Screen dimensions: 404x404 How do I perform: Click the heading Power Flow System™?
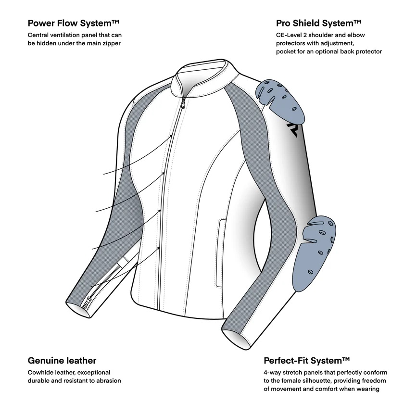[74, 23]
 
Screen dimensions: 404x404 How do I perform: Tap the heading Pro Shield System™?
[318, 23]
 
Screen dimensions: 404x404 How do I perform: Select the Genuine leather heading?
[62, 360]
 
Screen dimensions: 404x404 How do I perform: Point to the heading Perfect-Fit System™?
[306, 360]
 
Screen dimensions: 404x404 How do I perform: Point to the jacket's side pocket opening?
[221, 238]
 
